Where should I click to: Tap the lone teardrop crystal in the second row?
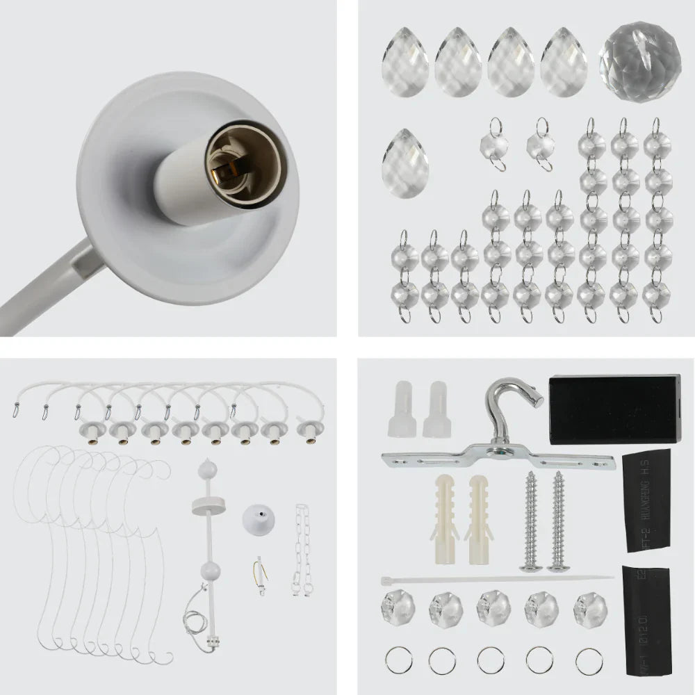point(404,163)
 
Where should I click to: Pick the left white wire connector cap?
point(402,409)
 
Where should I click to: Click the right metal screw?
point(558,521)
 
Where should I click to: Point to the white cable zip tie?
point(496,578)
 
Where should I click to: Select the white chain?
point(302,549)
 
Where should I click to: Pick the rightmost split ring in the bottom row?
point(589,660)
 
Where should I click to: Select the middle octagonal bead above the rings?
point(493,606)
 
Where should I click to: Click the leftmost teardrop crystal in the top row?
point(404,62)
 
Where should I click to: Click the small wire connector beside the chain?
point(260,575)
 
